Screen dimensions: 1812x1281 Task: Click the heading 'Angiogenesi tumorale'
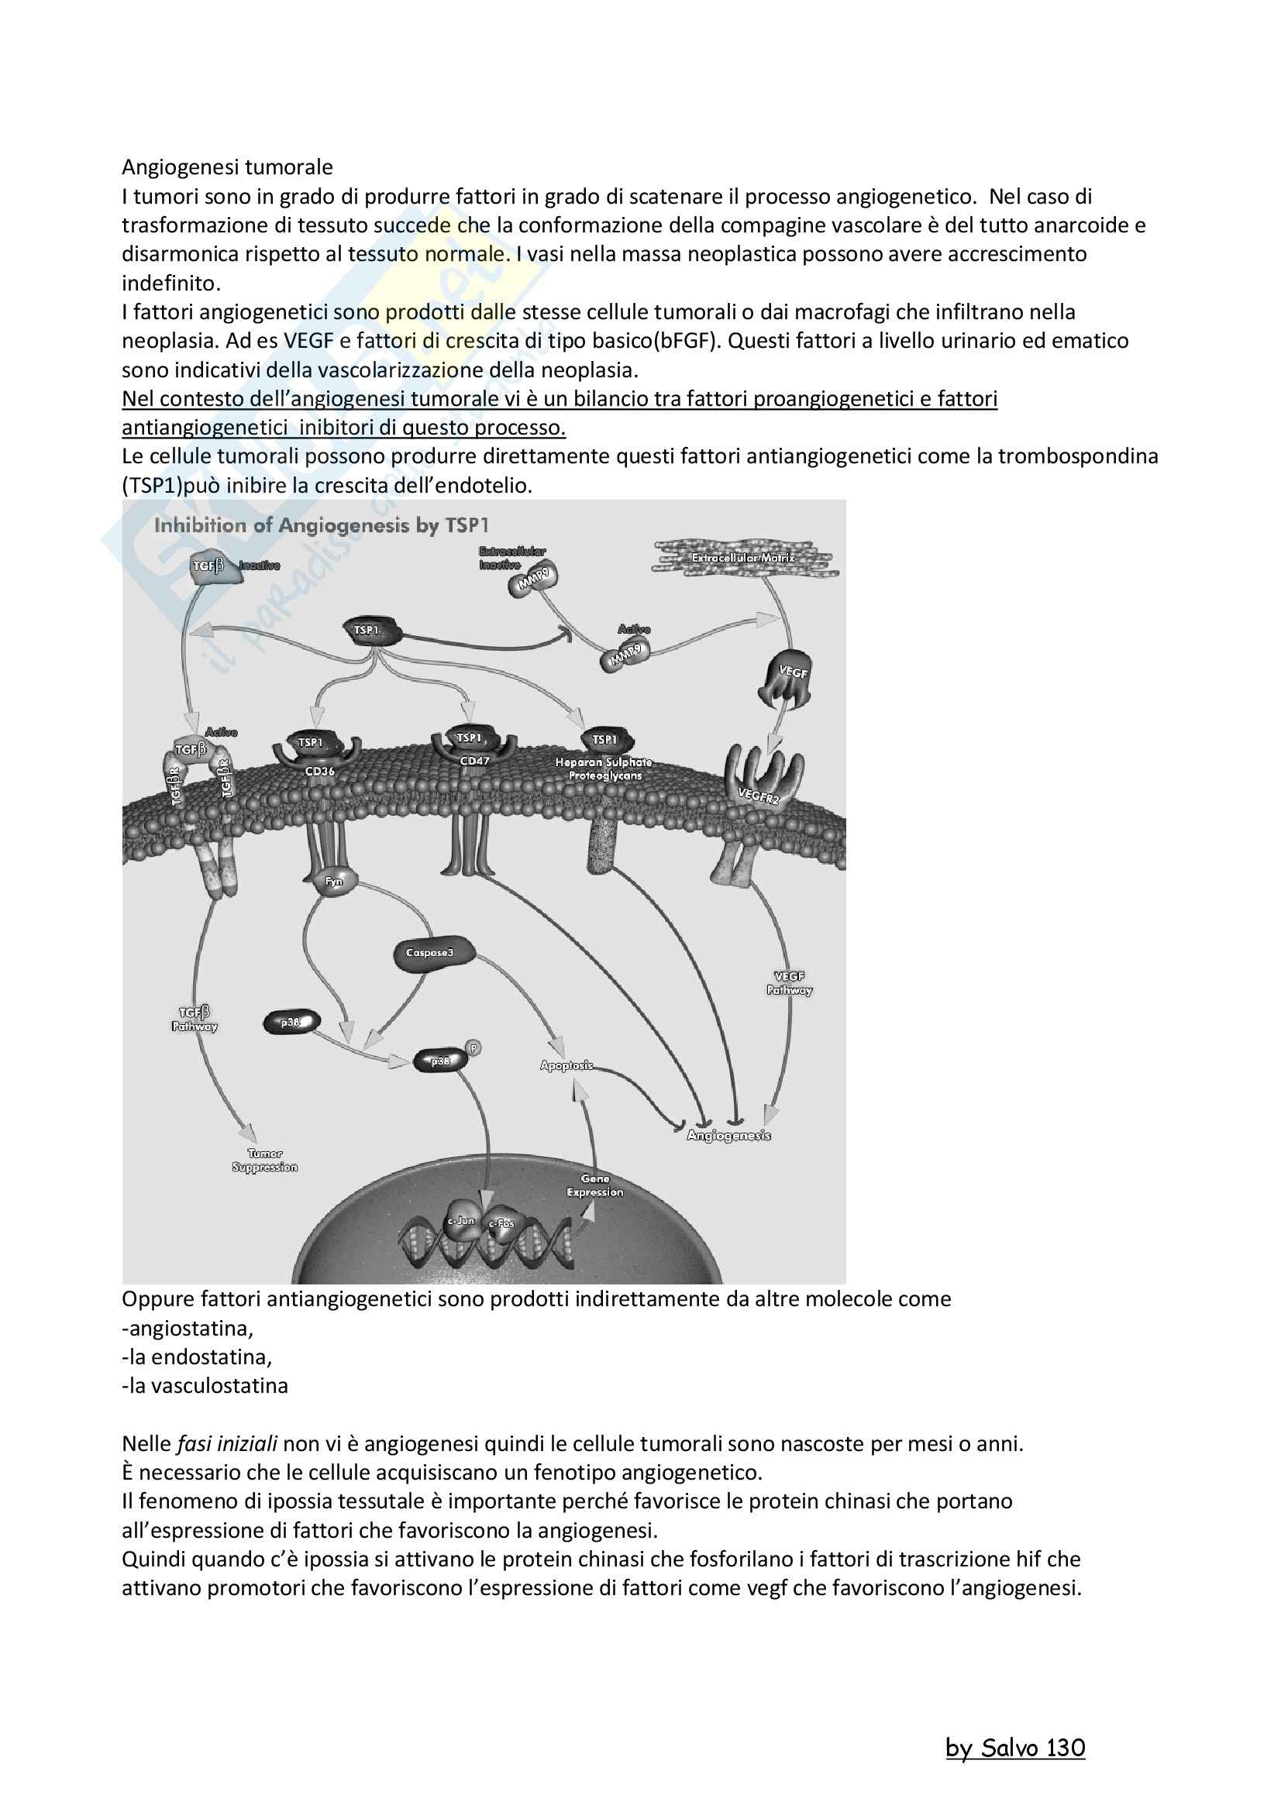[x=227, y=167]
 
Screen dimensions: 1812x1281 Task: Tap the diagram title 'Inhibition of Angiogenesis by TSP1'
[x=322, y=524]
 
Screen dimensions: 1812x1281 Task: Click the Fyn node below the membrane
[x=335, y=882]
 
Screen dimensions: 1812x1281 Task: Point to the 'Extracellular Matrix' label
[x=743, y=558]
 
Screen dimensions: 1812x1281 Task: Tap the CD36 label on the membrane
[x=319, y=771]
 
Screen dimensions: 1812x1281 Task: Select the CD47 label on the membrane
[x=474, y=762]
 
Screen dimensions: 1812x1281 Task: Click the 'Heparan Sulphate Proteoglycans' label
[x=604, y=768]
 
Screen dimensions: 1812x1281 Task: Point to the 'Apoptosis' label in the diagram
[x=566, y=1065]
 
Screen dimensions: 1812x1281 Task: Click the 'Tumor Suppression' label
[x=264, y=1160]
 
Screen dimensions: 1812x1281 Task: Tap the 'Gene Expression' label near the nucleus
[x=595, y=1185]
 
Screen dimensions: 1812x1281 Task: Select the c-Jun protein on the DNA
[x=461, y=1220]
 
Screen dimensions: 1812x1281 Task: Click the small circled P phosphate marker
[x=473, y=1048]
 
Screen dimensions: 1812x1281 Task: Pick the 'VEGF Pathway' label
[x=789, y=983]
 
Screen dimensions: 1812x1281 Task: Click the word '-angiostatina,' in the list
[x=188, y=1329]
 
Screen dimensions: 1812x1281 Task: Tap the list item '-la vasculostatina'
[x=205, y=1386]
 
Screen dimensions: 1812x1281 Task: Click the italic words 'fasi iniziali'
[x=227, y=1444]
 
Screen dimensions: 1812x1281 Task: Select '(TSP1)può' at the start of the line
[x=171, y=486]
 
